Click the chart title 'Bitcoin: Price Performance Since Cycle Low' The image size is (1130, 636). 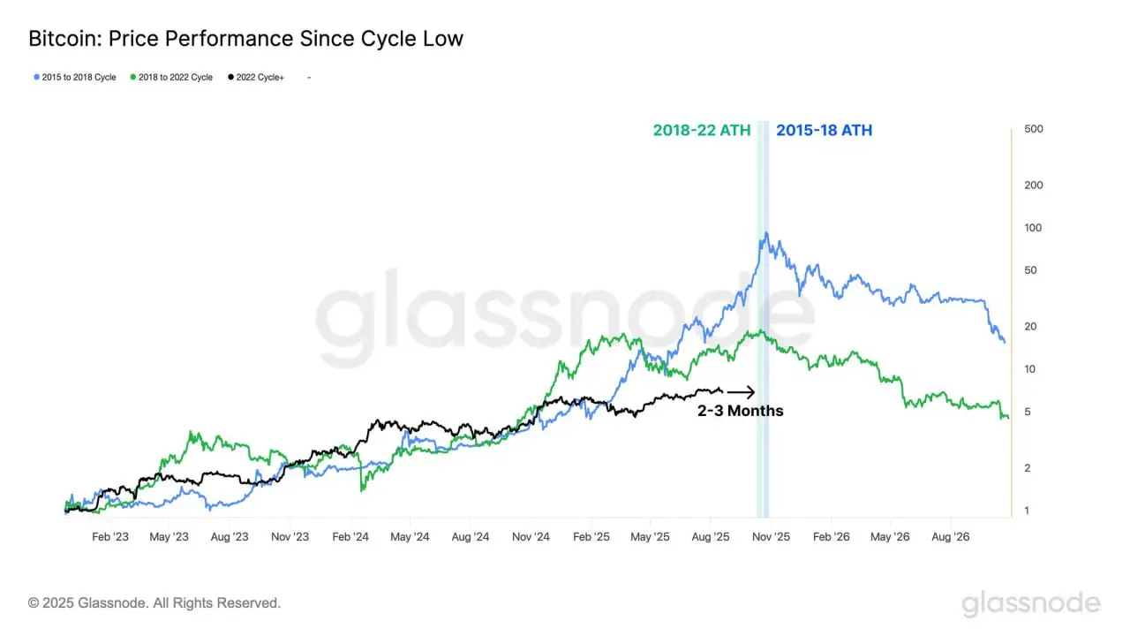(245, 39)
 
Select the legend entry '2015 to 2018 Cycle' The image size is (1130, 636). (75, 78)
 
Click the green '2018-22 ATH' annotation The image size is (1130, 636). (701, 131)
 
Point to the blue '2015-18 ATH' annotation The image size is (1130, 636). (823, 131)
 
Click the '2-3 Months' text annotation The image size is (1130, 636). (740, 411)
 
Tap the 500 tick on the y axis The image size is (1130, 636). (1033, 129)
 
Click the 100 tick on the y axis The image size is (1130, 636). (1033, 228)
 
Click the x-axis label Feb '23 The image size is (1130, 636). (109, 536)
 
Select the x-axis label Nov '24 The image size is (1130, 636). (531, 536)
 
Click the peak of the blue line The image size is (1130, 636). (766, 233)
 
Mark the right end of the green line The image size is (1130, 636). (1007, 419)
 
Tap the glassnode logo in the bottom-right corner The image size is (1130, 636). (1030, 604)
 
